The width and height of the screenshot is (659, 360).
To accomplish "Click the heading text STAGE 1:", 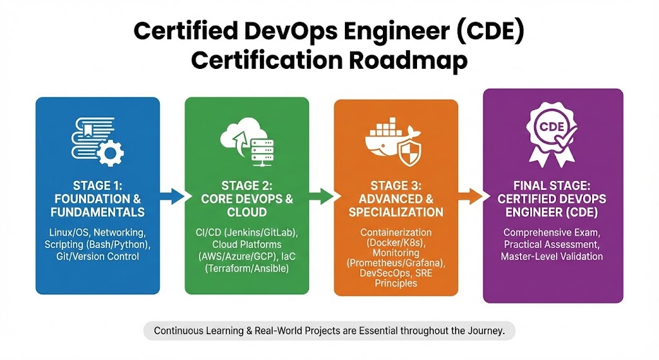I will tap(98, 185).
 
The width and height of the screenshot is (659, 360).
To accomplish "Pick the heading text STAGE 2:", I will tap(248, 185).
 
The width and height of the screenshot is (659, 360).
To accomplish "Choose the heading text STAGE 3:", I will tap(396, 185).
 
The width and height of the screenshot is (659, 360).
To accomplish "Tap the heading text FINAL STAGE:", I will tap(553, 185).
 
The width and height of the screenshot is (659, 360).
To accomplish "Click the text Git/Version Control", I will tap(98, 256).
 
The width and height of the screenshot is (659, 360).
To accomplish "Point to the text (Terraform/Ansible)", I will tap(248, 269).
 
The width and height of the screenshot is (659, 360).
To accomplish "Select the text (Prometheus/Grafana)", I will tap(396, 263).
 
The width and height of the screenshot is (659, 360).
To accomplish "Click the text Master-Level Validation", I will tap(553, 256).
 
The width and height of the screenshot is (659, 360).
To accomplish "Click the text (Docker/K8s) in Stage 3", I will tap(396, 243).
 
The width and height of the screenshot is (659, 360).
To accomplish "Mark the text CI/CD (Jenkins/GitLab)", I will tap(248, 232).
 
